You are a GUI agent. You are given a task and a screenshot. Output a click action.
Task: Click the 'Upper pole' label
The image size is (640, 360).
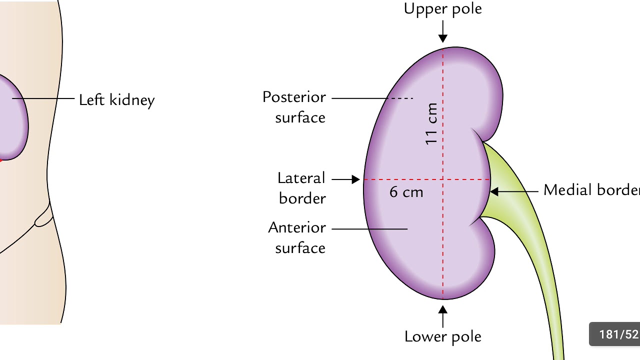443,9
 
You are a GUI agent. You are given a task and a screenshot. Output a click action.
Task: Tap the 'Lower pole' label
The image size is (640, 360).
443,336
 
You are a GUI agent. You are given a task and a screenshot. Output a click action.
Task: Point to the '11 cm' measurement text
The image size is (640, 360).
432,123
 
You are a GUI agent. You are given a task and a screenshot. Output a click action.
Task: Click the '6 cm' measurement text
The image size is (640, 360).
406,192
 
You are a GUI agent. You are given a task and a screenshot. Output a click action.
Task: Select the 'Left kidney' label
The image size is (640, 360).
117,100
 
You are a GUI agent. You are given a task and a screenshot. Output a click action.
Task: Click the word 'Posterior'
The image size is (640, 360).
294,97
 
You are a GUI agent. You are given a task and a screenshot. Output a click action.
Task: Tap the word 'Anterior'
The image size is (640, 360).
297,227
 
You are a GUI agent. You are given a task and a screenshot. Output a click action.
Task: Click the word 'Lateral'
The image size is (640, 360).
301,178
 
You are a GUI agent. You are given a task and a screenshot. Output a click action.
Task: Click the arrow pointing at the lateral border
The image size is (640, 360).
345,179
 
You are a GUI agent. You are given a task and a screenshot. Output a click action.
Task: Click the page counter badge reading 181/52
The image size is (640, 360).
615,334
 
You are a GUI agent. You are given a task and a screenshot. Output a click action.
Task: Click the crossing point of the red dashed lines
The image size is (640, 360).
443,179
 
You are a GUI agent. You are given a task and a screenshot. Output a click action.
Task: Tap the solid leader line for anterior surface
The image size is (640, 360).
370,229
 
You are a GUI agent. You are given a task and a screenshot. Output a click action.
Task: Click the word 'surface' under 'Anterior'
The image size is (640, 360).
300,247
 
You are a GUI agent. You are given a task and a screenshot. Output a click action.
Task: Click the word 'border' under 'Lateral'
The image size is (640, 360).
302,198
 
